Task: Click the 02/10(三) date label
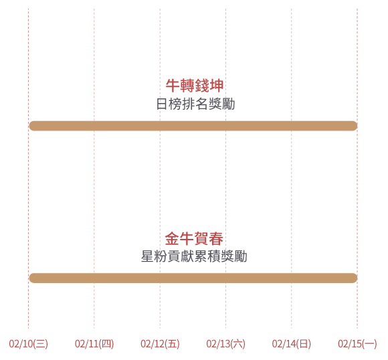tap(29, 344)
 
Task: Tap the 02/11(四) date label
tap(94, 344)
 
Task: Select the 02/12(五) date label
tap(160, 344)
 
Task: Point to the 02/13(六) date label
tap(225, 344)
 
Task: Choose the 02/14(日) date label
tap(292, 344)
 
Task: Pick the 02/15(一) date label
tap(357, 344)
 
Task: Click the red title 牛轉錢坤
tap(195, 86)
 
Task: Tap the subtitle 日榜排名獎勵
tap(195, 104)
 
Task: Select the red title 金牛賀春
tap(194, 239)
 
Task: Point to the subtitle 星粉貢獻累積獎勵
tap(194, 256)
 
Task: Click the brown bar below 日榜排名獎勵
tap(193, 126)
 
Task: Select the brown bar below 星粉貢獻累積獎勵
tap(193, 278)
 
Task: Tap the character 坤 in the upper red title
tap(217, 86)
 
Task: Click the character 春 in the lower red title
tap(216, 239)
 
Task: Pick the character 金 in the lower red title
tap(172, 239)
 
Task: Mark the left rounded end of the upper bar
tap(29, 126)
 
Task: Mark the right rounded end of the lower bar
tap(357, 278)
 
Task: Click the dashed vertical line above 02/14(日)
tap(292, 169)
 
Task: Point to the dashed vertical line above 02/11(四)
tap(94, 169)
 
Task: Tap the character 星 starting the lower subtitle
tap(147, 256)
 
